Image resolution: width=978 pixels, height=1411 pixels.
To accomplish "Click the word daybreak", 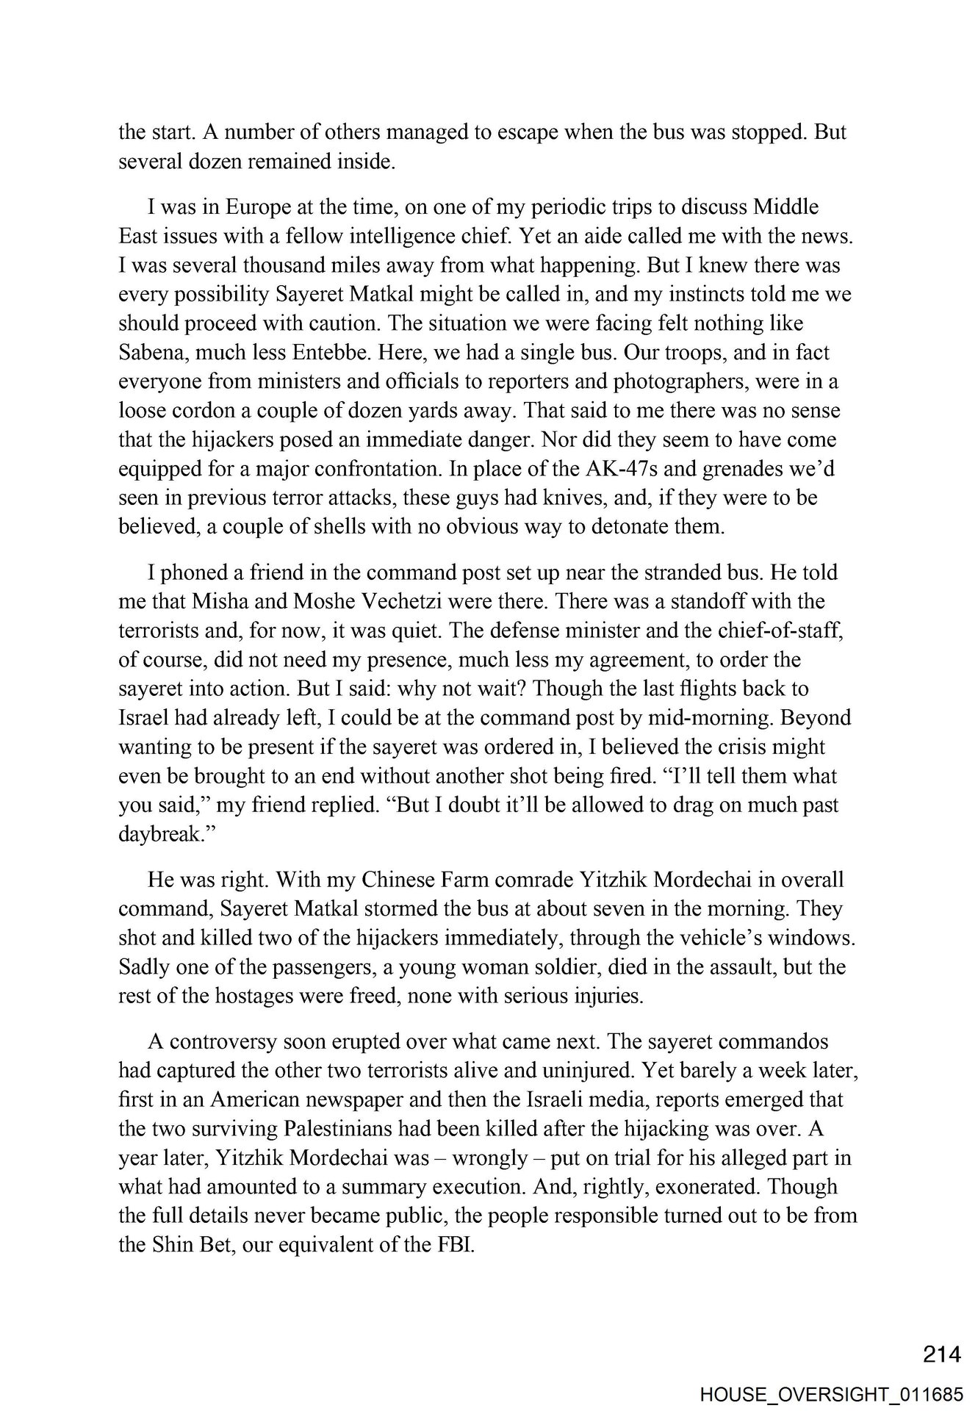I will (159, 834).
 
